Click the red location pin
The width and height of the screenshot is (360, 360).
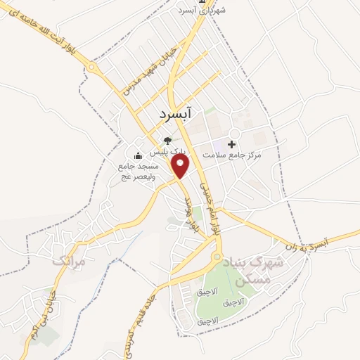point(181,165)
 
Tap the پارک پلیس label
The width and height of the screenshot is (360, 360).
point(166,150)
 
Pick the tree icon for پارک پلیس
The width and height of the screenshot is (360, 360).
point(167,140)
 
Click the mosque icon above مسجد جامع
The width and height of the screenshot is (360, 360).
point(138,155)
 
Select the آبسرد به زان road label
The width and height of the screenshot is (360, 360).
point(327,243)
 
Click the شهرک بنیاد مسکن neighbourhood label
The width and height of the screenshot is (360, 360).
point(252,270)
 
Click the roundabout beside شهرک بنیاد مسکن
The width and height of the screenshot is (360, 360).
point(217,257)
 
